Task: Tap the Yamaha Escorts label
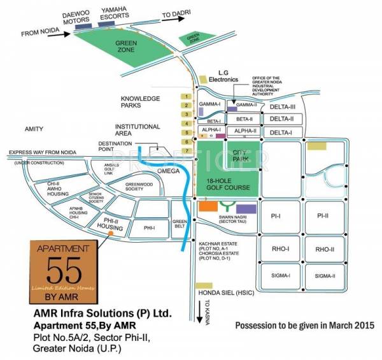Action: coord(114,13)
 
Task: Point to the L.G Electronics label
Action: coord(222,77)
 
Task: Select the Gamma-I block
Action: coord(209,104)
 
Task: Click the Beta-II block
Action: coord(244,119)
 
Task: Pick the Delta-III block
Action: coord(281,106)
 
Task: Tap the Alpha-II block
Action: coord(244,131)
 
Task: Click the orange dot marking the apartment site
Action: coord(111,233)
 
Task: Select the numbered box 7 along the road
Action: coord(187,150)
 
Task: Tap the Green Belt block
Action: coord(180,225)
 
